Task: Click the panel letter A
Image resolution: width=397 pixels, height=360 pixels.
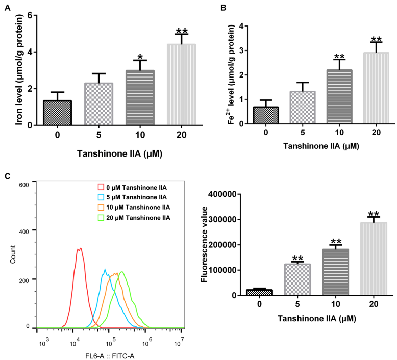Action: click(x=7, y=7)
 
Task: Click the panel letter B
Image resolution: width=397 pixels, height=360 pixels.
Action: click(x=208, y=7)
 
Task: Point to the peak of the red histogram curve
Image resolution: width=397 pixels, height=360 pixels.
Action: click(x=79, y=249)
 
